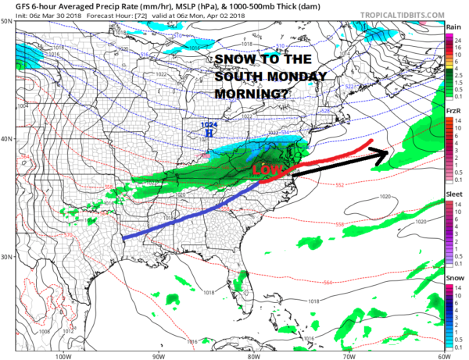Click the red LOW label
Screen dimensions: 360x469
coord(267,170)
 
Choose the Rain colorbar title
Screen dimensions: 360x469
coord(453,27)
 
